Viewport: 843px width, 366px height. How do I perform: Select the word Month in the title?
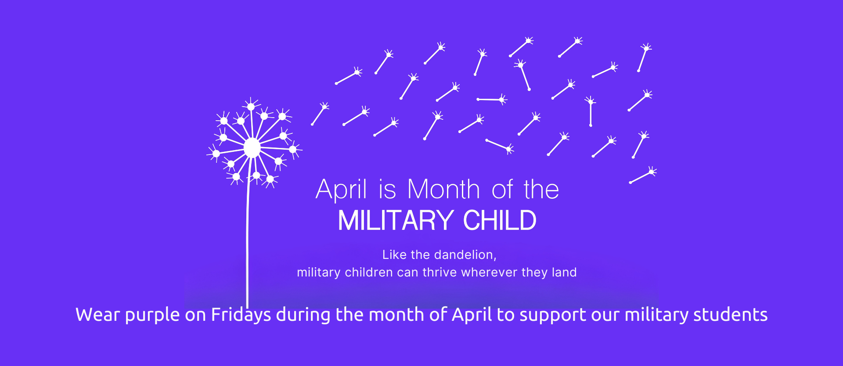pyautogui.click(x=443, y=190)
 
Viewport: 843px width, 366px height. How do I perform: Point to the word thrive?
pyautogui.click(x=440, y=272)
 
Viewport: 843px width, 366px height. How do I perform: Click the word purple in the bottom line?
pyautogui.click(x=152, y=315)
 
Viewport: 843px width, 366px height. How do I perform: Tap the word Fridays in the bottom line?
pyautogui.click(x=241, y=315)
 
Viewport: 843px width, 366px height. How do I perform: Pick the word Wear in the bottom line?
pyautogui.click(x=97, y=315)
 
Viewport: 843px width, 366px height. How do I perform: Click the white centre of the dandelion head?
pyautogui.click(x=252, y=148)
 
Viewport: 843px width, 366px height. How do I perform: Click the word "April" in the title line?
pyautogui.click(x=341, y=190)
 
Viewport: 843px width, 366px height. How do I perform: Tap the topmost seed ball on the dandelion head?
pyautogui.click(x=251, y=107)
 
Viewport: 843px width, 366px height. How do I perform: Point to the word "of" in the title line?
pyautogui.click(x=502, y=190)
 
